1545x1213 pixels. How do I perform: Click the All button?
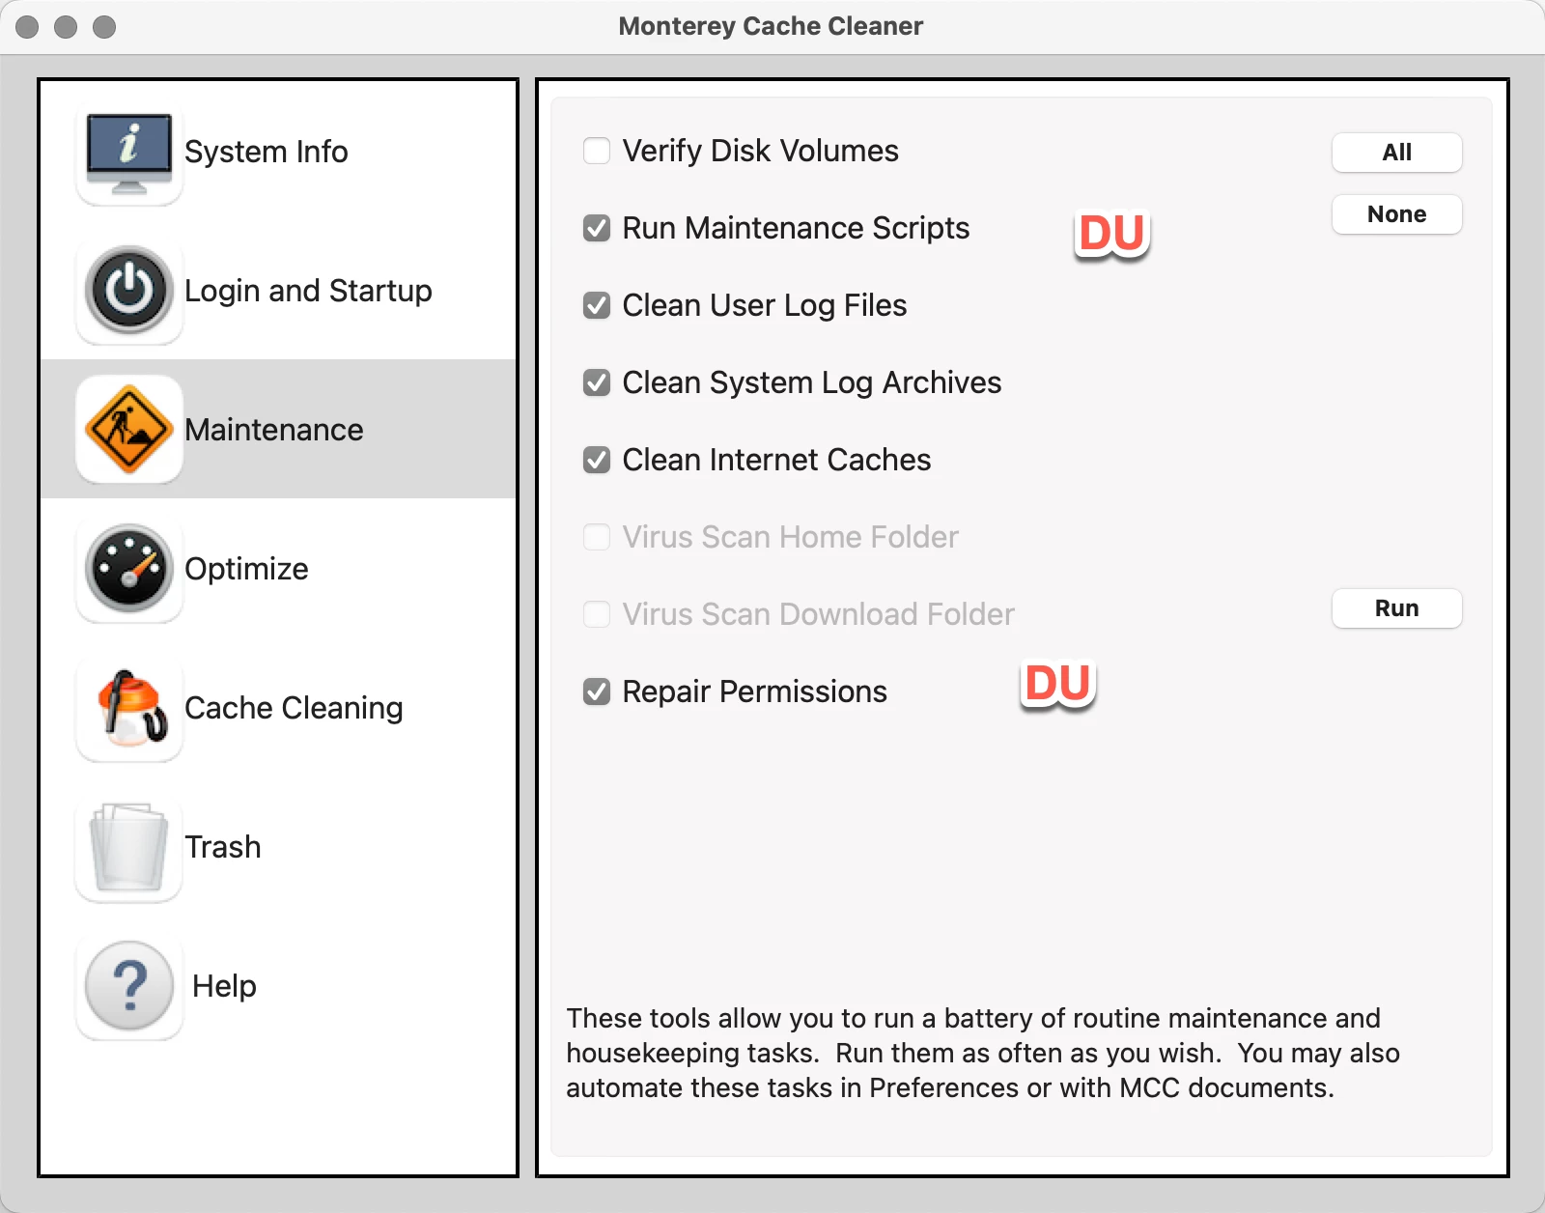tap(1396, 153)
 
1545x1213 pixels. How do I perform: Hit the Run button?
tap(1396, 607)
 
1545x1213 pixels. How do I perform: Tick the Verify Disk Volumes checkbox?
tap(597, 151)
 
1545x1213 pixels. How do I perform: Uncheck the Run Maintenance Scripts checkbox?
tap(597, 228)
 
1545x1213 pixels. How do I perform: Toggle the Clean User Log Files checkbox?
tap(597, 305)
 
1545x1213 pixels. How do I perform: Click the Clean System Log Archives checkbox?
tap(597, 382)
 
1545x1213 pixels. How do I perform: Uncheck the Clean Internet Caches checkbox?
tap(597, 460)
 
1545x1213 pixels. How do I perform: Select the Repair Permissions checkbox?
tap(597, 691)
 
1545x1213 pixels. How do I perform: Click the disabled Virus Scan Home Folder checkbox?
tap(597, 537)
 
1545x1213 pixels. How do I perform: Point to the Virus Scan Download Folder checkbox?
tap(597, 614)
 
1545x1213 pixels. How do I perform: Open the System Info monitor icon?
tap(128, 153)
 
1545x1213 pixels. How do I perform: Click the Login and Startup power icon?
tap(128, 290)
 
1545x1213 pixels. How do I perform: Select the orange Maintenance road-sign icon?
tap(128, 430)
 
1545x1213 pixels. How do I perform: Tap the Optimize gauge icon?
tap(128, 569)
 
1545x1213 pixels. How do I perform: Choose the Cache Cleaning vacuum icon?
tap(128, 708)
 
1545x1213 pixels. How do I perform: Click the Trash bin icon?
tap(128, 847)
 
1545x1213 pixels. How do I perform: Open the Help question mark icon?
tap(128, 986)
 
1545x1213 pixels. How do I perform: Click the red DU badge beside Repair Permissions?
tap(1057, 684)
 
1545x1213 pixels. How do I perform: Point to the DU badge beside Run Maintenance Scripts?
tap(1111, 234)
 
